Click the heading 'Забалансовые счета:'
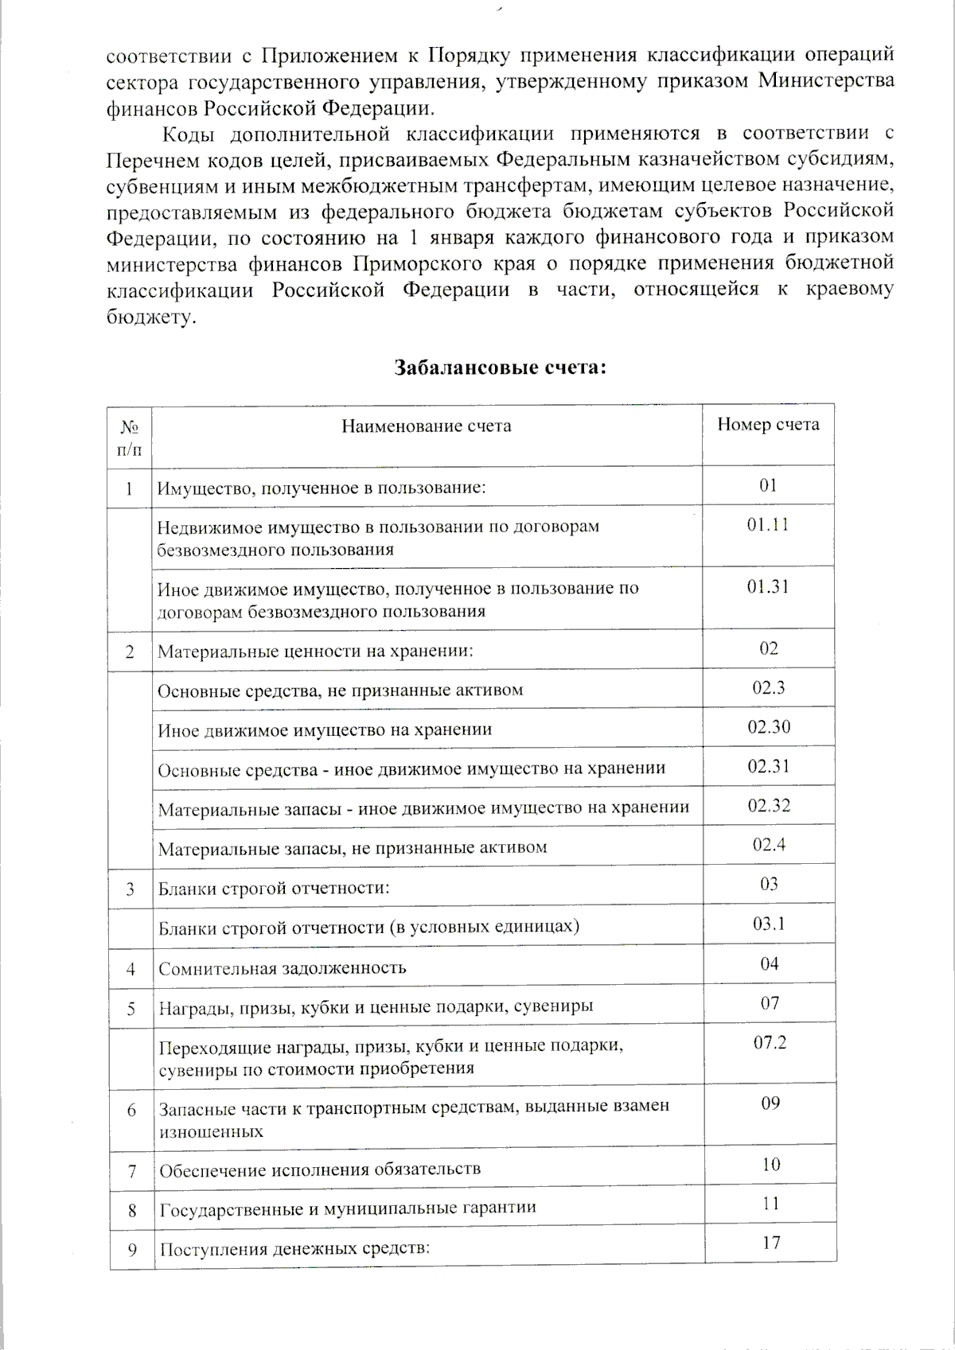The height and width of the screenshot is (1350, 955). [501, 368]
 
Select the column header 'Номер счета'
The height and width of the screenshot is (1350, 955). [768, 425]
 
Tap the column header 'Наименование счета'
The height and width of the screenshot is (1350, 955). [427, 426]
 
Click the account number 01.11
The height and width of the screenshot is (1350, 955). [768, 525]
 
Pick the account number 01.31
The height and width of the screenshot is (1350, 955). [768, 587]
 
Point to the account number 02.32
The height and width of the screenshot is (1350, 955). [769, 805]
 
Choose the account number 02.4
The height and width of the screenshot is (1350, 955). [769, 844]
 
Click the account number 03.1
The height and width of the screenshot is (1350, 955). [769, 924]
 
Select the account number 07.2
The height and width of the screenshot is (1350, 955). [770, 1042]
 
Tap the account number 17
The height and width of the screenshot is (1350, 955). [770, 1242]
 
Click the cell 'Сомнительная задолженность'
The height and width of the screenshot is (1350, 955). [283, 968]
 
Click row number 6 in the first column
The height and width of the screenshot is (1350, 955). [131, 1111]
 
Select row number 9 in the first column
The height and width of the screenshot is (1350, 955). [132, 1250]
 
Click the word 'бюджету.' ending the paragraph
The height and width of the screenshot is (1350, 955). [150, 317]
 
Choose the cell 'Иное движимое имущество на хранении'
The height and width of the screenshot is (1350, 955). [325, 729]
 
